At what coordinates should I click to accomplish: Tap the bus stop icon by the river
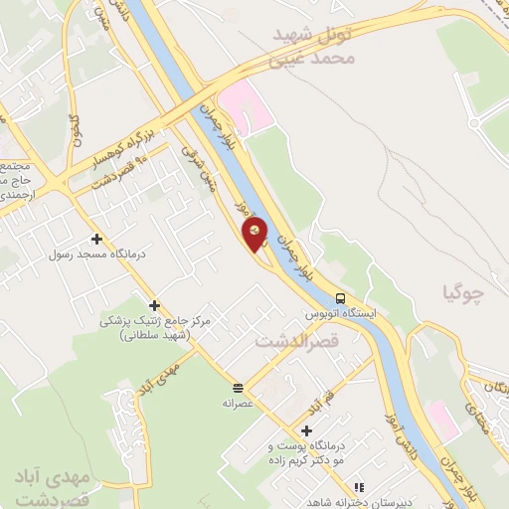point(340,298)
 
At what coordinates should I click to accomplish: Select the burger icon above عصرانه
point(238,388)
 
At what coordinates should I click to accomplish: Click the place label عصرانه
point(240,404)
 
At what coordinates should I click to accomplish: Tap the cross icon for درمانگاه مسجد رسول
point(96,239)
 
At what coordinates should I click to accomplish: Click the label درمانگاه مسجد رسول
point(96,254)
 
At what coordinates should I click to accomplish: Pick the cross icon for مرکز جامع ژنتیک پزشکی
point(154,305)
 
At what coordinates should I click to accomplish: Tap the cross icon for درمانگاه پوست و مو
point(306,430)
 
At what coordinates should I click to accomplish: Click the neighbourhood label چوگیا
point(463,291)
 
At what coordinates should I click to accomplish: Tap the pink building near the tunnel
point(245,108)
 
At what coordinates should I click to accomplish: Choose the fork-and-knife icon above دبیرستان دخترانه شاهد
point(360,487)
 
